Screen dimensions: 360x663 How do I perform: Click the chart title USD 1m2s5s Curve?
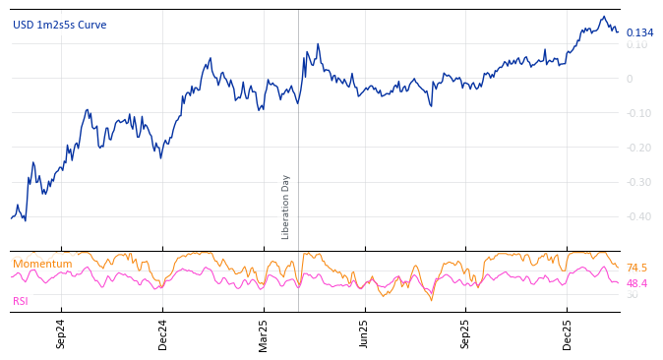60,26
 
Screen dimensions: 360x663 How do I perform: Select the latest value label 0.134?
639,33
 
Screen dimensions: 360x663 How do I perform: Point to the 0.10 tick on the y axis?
636,45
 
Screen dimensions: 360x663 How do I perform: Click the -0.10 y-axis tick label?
636,114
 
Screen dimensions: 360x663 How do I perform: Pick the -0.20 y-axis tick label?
636,149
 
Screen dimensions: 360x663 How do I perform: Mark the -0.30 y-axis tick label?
636,183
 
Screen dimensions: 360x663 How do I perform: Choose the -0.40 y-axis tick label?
636,217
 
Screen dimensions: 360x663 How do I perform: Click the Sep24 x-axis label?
61,334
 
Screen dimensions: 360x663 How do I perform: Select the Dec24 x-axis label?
162,334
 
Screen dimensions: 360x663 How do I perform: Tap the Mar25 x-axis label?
264,334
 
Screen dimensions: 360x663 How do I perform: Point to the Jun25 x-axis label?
364,334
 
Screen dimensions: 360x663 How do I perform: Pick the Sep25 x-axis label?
465,334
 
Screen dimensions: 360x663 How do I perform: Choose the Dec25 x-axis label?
567,334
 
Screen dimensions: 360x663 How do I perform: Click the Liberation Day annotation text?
286,207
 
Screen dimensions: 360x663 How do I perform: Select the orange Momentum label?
42,265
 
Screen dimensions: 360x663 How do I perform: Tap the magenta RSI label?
21,302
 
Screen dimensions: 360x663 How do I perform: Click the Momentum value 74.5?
636,269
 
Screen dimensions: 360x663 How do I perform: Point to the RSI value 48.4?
636,284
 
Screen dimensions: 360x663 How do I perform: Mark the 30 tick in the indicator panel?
633,295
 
